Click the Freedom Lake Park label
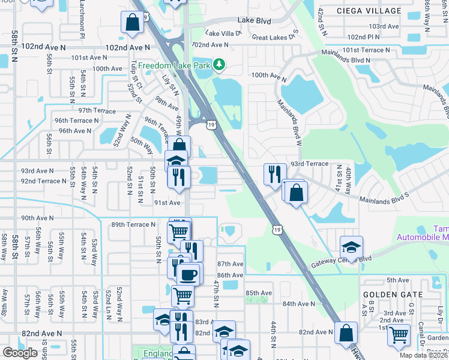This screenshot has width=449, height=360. (175, 65)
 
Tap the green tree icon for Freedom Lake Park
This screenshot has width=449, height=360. (220, 64)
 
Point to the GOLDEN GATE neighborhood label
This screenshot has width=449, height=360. (393, 295)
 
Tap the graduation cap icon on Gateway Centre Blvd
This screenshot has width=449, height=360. (351, 247)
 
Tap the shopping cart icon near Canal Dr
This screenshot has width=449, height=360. (399, 335)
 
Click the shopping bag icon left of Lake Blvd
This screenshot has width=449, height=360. (132, 23)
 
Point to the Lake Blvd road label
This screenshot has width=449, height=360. (254, 20)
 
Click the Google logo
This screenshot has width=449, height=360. (20, 353)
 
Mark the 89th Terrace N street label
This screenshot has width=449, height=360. (133, 224)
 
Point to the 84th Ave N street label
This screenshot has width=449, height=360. (299, 304)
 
